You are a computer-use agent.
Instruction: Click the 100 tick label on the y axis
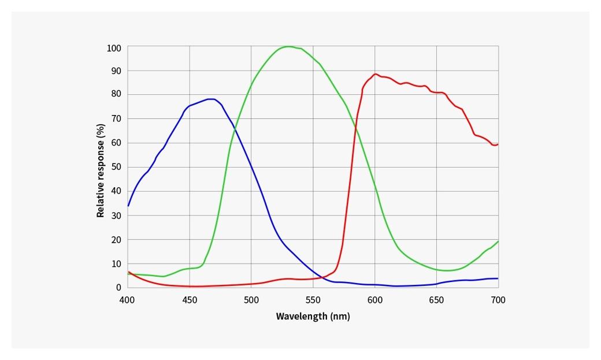(114, 48)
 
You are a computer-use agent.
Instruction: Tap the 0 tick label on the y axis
(118, 287)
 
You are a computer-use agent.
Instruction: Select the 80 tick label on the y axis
(116, 94)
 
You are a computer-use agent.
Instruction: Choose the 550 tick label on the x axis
(313, 300)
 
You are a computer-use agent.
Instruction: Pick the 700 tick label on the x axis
(498, 300)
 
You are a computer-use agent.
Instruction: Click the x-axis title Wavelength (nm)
(313, 316)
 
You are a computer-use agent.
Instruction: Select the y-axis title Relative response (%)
(101, 170)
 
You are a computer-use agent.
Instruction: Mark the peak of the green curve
(288, 46)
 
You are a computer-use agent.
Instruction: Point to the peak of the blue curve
(212, 99)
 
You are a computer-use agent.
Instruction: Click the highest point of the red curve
(375, 74)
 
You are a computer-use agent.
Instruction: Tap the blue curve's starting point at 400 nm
(128, 206)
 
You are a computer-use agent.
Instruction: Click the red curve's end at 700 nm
(498, 144)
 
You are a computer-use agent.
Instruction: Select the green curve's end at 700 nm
(498, 242)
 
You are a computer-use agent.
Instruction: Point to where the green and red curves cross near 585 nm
(356, 128)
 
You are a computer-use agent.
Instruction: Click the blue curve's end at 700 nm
(498, 279)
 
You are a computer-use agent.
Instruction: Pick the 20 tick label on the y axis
(116, 239)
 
